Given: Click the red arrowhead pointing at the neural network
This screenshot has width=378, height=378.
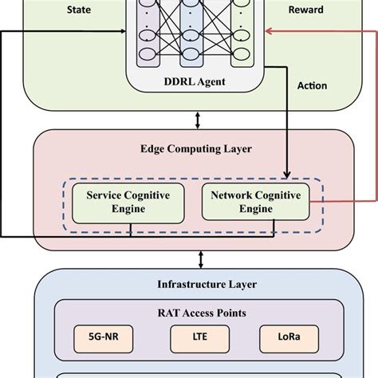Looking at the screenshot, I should click(269, 32).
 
